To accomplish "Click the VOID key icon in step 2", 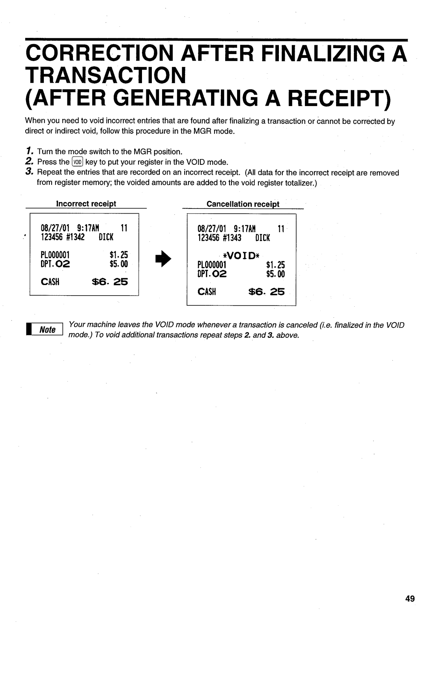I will click(x=78, y=162).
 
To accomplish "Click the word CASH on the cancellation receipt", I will click(x=206, y=292).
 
